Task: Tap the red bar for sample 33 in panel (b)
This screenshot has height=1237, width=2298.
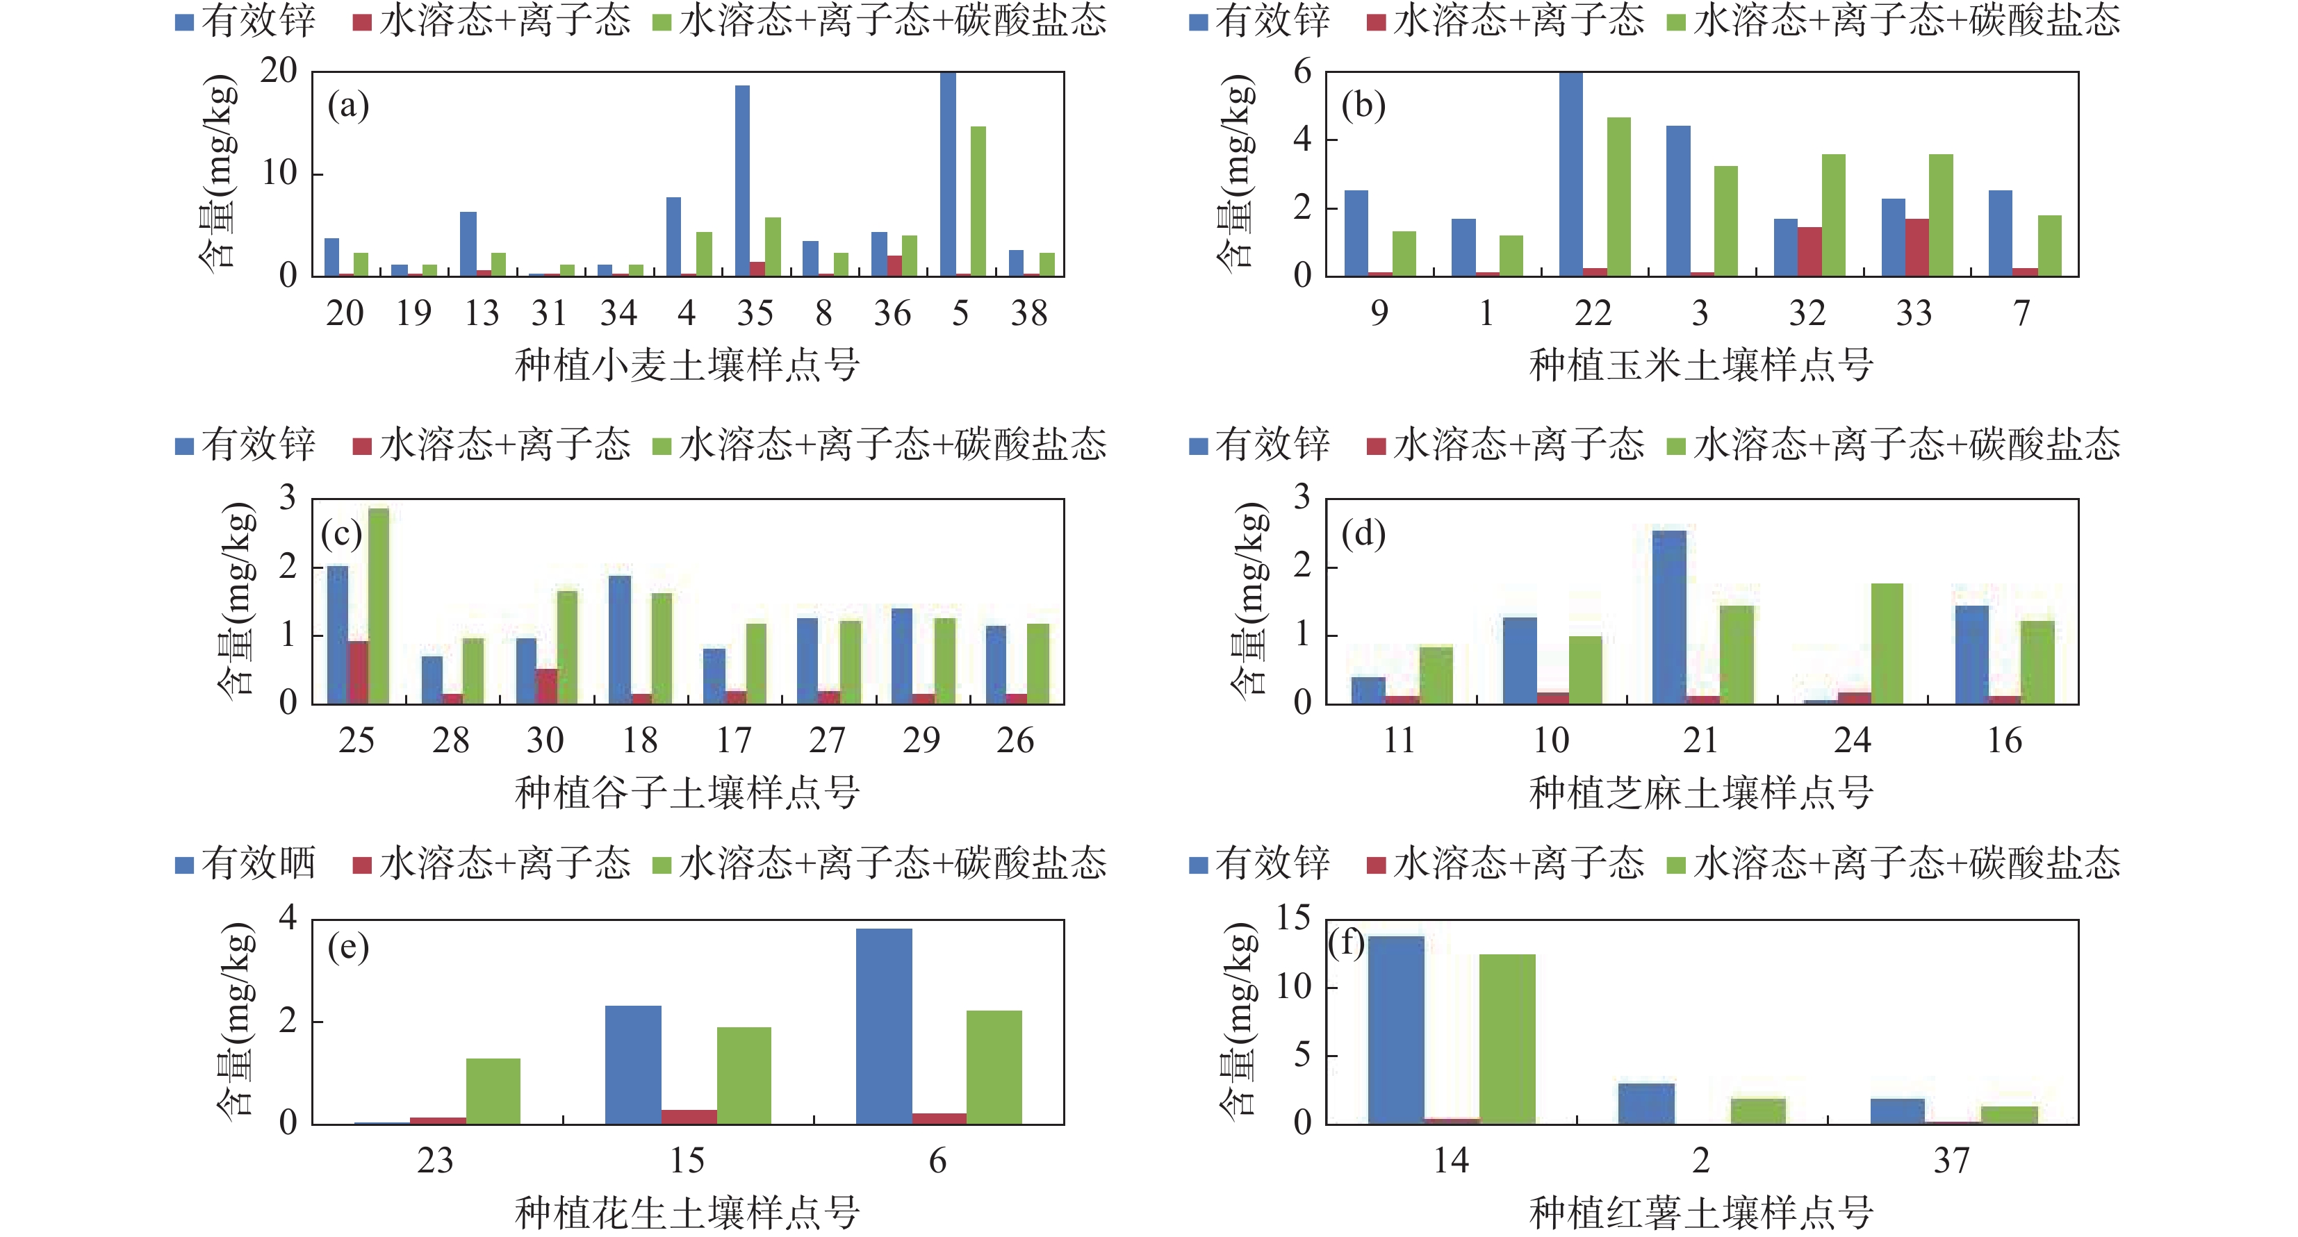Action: tap(1917, 247)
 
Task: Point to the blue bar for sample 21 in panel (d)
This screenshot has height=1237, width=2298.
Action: tap(1669, 617)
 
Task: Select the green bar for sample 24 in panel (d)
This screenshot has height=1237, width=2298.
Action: tap(1887, 643)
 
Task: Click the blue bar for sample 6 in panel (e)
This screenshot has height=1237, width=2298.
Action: tap(883, 1026)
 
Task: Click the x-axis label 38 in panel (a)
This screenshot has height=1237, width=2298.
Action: tap(1028, 313)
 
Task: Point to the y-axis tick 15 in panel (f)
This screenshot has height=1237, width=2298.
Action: tap(1292, 919)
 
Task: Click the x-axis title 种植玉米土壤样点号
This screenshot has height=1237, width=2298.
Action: tap(1701, 365)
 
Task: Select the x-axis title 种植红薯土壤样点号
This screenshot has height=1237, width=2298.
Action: tap(1701, 1212)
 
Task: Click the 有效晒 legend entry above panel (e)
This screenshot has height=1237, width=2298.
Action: tap(246, 863)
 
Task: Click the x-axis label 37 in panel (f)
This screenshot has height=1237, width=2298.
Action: tap(1951, 1161)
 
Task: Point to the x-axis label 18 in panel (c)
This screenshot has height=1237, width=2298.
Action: tap(639, 740)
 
